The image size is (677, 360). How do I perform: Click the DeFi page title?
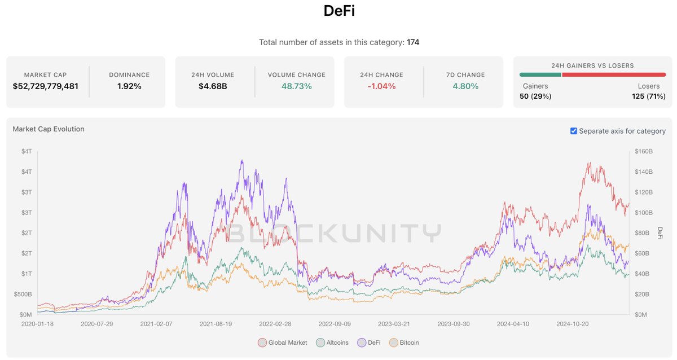[338, 11]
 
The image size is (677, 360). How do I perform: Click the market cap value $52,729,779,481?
[45, 86]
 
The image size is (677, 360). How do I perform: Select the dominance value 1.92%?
[129, 86]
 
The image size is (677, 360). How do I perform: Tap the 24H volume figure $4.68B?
[213, 86]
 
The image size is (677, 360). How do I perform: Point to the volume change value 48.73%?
[296, 86]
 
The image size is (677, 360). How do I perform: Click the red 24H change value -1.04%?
[381, 86]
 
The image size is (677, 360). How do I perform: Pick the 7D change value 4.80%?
[465, 86]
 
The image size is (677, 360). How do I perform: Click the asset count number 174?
[413, 42]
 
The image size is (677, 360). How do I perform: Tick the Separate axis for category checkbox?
[574, 131]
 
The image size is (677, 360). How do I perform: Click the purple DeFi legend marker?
[362, 343]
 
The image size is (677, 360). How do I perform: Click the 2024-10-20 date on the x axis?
[573, 324]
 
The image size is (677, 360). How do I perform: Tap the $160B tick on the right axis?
[643, 151]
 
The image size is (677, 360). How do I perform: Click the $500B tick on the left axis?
[23, 294]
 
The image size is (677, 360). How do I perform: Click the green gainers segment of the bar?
[540, 74]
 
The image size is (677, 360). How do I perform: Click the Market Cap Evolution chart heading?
[49, 129]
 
